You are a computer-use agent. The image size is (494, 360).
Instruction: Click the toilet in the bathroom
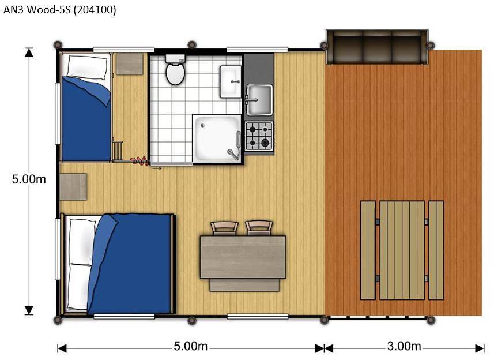pyautogui.click(x=175, y=70)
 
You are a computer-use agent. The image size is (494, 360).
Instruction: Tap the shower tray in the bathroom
pyautogui.click(x=217, y=138)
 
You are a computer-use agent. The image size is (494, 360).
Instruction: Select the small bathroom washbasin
pyautogui.click(x=231, y=82)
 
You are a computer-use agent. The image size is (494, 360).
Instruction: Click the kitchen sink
pyautogui.click(x=259, y=100)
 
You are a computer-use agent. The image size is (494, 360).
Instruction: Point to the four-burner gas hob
pyautogui.click(x=259, y=136)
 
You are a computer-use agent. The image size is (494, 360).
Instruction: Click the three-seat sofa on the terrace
pyautogui.click(x=377, y=47)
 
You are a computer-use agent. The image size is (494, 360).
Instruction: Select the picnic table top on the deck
pyautogui.click(x=402, y=250)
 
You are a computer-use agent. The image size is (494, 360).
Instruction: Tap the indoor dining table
pyautogui.click(x=243, y=257)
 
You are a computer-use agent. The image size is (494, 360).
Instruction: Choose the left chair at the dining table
pyautogui.click(x=224, y=228)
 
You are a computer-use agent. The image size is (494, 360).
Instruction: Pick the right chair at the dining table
pyautogui.click(x=259, y=228)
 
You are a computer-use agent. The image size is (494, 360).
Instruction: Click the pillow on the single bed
pyautogui.click(x=87, y=67)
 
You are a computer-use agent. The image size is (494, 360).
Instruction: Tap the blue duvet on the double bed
pyautogui.click(x=130, y=264)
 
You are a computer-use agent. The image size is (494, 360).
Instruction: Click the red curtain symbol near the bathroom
pyautogui.click(x=139, y=160)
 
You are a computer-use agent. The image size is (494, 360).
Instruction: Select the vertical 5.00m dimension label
pyautogui.click(x=29, y=179)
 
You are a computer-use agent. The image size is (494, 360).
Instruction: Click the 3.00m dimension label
pyautogui.click(x=404, y=346)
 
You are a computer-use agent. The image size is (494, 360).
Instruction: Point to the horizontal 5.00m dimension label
pyautogui.click(x=191, y=346)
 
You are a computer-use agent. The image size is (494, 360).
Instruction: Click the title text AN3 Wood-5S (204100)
pyautogui.click(x=60, y=10)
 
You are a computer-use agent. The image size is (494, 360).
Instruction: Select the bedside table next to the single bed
pyautogui.click(x=130, y=64)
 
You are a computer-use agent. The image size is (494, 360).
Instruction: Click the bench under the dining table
pyautogui.click(x=244, y=285)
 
